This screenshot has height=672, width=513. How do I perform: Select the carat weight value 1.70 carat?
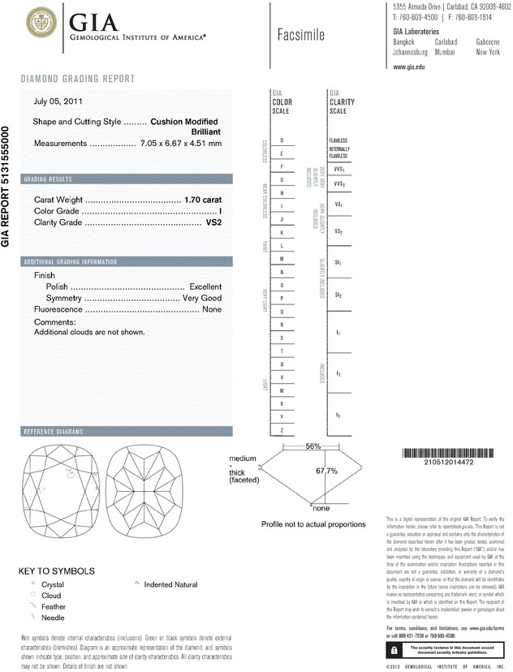(x=203, y=199)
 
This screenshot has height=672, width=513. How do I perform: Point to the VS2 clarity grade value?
(x=213, y=222)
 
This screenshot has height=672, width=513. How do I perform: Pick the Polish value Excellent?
(x=205, y=286)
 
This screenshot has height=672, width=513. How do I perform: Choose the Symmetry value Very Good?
(x=200, y=298)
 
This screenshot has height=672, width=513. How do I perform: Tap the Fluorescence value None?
(x=212, y=309)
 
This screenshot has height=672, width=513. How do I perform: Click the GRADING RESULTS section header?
(x=48, y=179)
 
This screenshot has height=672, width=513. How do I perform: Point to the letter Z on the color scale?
(x=282, y=429)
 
